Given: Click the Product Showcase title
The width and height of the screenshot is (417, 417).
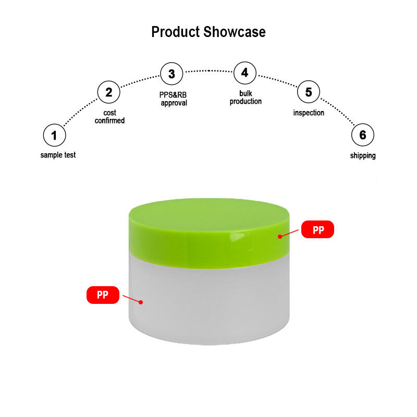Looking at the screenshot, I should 208,32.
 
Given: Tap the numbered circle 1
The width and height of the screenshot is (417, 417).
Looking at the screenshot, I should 54,136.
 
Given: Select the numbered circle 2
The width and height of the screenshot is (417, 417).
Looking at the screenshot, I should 109,93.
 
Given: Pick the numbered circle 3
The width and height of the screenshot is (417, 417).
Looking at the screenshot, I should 171,74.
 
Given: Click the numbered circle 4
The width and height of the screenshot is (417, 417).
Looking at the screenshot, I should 244,72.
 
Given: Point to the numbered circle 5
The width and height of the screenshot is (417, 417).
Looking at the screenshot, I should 309,92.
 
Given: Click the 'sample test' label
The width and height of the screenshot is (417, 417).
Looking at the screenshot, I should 58,155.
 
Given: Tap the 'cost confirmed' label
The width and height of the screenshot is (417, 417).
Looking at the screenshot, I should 109,117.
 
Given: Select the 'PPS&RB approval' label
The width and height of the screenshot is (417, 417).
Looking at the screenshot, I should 173,99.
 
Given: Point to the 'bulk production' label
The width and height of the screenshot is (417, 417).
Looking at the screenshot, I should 246,97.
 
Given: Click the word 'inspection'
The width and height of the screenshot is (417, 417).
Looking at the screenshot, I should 309,113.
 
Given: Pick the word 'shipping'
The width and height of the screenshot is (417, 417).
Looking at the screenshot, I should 363,156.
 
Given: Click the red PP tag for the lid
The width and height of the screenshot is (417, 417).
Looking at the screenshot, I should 317,230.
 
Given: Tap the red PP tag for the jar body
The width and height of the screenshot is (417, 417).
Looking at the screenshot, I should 103,295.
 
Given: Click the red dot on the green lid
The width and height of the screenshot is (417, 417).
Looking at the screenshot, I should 280,236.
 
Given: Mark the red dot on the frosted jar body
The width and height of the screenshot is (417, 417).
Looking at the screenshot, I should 141,301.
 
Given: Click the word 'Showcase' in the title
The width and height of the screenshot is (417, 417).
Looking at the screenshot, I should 235,32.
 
